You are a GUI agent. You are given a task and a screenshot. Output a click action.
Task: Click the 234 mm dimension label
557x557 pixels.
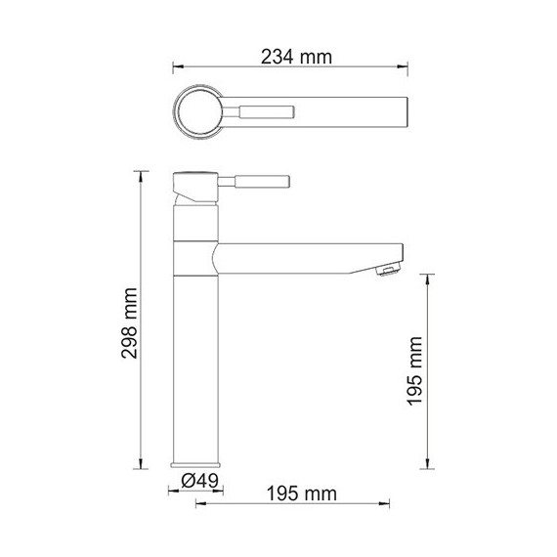(296, 57)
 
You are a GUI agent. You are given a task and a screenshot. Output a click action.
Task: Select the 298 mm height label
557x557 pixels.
(129, 323)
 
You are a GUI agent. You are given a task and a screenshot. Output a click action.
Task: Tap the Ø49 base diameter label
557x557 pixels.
(199, 481)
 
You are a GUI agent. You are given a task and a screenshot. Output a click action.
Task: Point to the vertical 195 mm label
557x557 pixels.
(414, 371)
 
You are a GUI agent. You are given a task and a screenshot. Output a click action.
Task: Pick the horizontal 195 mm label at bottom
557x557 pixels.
(301, 493)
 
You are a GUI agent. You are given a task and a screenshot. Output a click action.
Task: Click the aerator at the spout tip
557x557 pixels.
(389, 271)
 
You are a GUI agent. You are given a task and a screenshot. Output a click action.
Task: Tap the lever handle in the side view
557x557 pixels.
(254, 182)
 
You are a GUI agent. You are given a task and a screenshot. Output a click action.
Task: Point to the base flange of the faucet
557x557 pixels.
(195, 464)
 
